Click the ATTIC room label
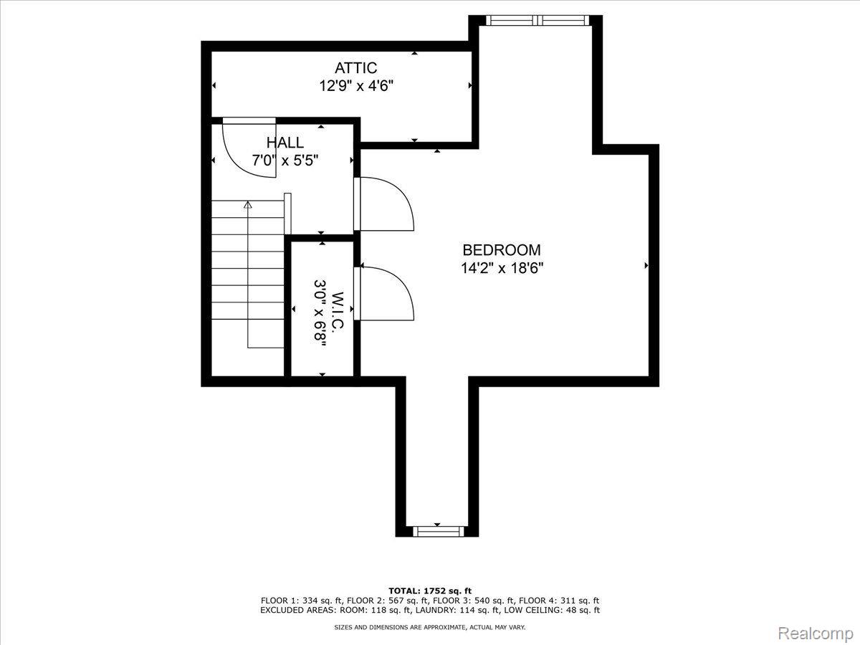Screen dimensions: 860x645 355,68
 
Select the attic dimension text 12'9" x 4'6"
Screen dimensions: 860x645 355,85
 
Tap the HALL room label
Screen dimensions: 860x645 285,143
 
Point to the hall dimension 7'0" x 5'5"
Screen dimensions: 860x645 285,160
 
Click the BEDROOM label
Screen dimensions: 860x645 502,250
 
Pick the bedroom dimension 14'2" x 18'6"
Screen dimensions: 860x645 502,268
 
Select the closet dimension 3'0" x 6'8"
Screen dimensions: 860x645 320,314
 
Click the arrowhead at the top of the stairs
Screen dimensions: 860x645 247,204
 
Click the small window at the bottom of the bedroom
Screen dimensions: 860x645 438,531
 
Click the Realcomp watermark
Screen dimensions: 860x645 816,633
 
